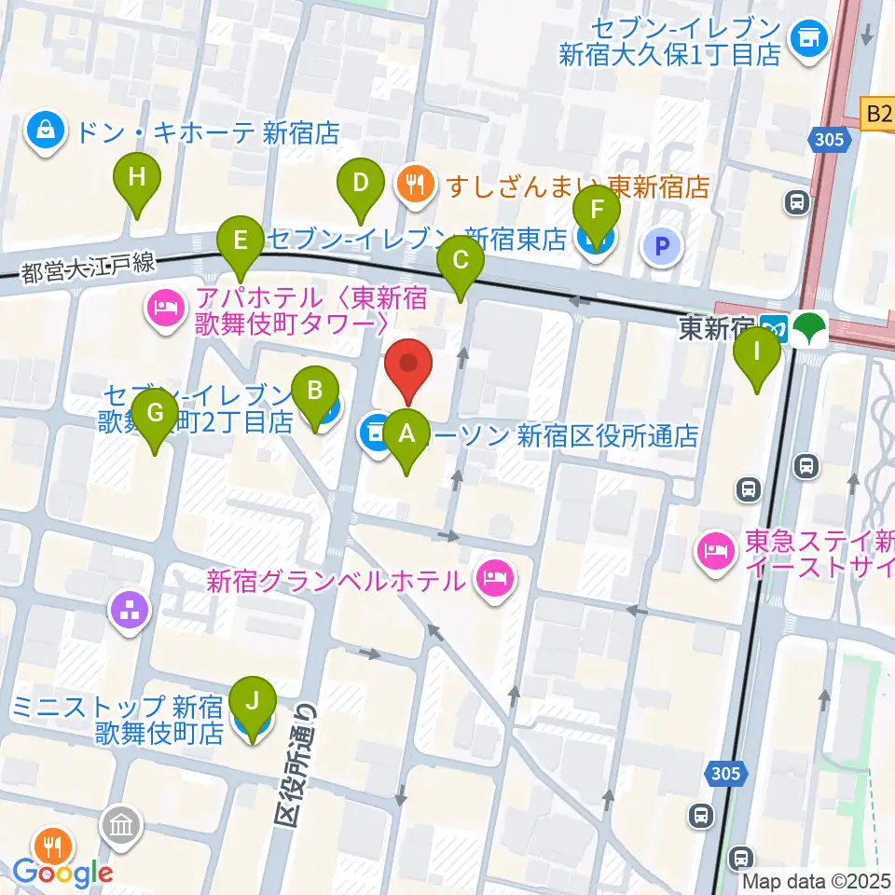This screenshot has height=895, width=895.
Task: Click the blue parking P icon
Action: coord(662,247)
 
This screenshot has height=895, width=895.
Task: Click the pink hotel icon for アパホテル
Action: coord(165,311)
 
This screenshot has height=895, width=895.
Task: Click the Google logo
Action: coord(63,873)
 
